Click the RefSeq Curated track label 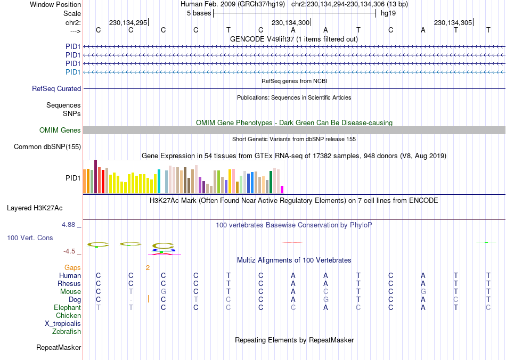[56, 89]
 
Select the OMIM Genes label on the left [60, 130]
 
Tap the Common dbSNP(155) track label [47, 147]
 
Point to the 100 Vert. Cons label [30, 238]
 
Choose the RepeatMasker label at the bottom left [59, 348]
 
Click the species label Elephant [67, 308]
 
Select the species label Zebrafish [67, 332]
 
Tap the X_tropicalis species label [63, 324]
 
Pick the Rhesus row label [69, 284]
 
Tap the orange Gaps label [72, 268]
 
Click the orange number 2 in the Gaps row [148, 268]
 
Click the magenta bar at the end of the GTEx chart [282, 190]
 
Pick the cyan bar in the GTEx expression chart [159, 182]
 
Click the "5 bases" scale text [199, 13]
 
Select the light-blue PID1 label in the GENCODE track [73, 72]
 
